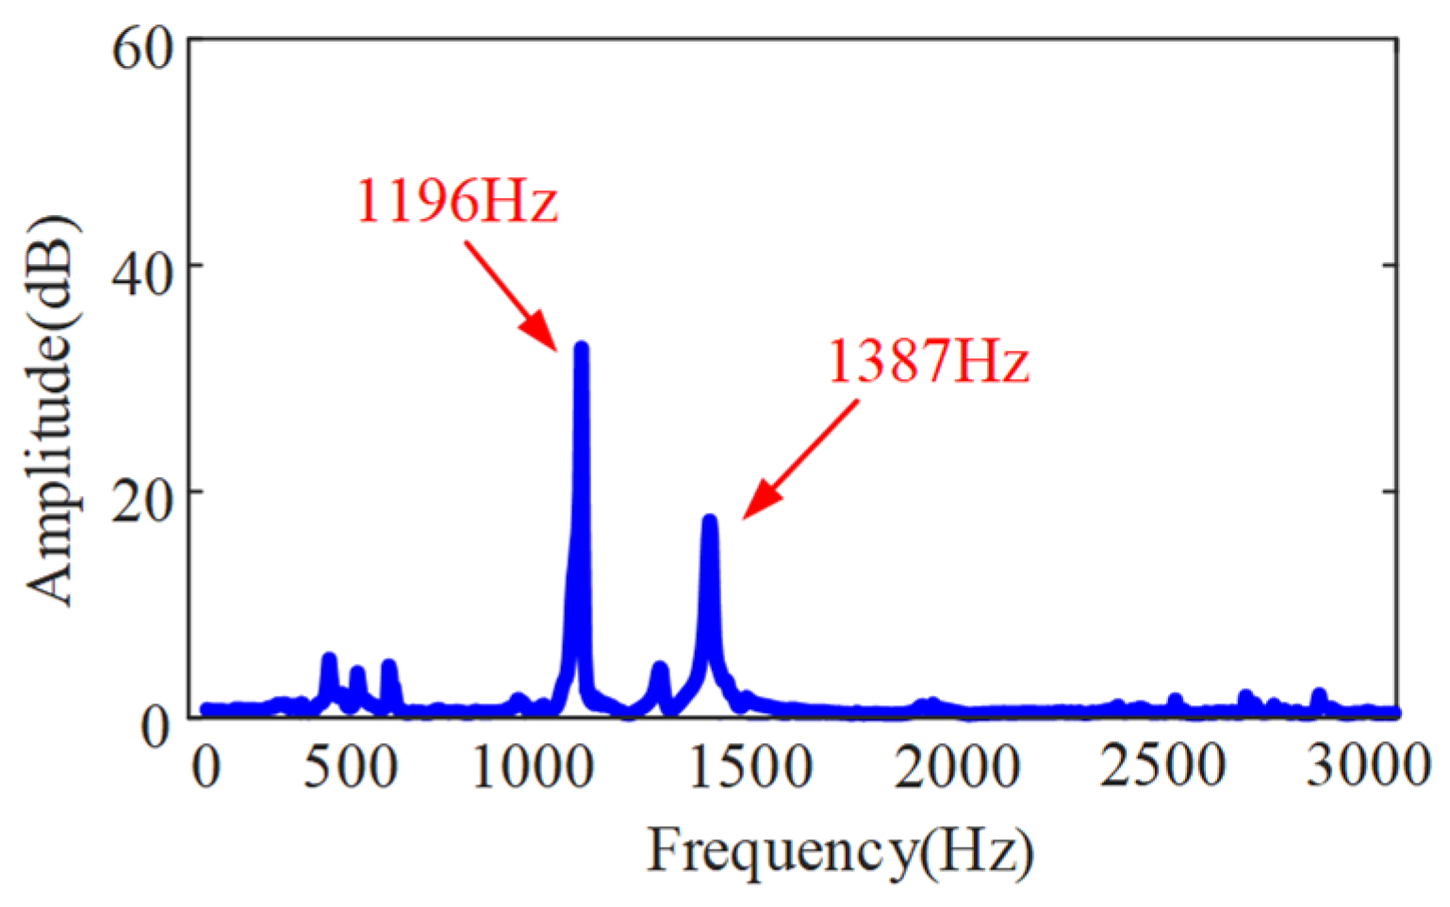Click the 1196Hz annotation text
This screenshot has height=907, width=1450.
coord(456,200)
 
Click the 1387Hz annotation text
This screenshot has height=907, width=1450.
coord(928,360)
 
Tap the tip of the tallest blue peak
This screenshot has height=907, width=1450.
coord(581,347)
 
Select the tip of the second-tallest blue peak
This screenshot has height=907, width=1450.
coord(710,519)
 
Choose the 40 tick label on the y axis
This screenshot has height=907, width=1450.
coord(143,273)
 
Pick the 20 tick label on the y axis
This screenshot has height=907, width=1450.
coord(143,500)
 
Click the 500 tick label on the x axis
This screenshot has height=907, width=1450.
coord(350,767)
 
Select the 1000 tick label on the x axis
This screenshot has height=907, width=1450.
coord(533,767)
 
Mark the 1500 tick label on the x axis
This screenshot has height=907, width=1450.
coord(751,767)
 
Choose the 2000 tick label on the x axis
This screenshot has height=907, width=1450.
coord(956,767)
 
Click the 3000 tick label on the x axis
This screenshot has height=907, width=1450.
coord(1367,767)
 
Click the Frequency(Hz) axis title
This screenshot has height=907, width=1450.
coord(839,850)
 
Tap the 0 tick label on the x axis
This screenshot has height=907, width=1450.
coord(206,767)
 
